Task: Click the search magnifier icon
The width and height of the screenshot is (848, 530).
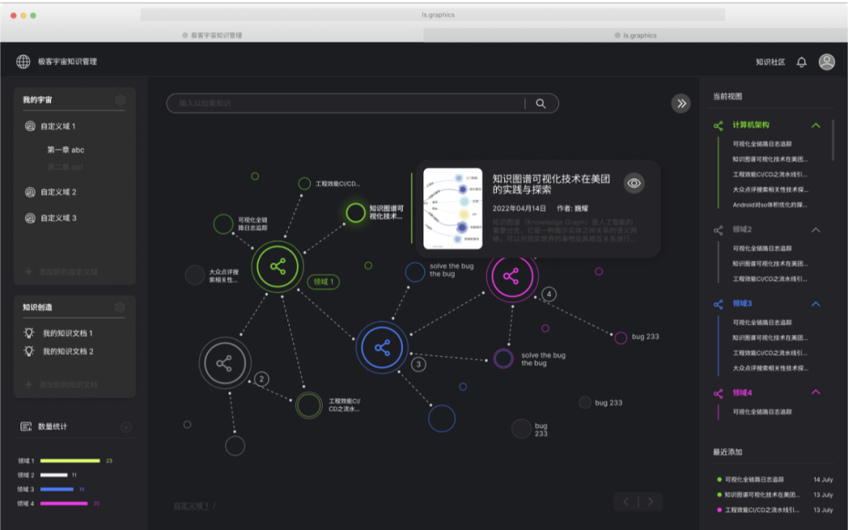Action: (540, 103)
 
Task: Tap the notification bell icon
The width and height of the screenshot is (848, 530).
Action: (802, 62)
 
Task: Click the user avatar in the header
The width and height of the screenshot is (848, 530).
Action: (826, 62)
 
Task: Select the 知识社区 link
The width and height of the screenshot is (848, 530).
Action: (769, 62)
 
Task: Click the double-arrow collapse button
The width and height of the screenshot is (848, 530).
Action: (682, 103)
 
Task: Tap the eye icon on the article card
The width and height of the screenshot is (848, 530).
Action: (634, 183)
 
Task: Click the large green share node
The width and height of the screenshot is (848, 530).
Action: (277, 267)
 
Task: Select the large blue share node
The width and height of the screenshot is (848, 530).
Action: (382, 347)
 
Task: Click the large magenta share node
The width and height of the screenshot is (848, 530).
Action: (511, 276)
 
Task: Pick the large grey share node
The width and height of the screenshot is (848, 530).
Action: (225, 364)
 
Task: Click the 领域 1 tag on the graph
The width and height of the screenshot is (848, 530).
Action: (323, 282)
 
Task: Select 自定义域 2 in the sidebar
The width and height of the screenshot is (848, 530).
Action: (58, 192)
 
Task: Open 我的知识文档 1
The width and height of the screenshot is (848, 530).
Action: (68, 333)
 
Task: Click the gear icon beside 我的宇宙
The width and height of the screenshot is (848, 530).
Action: (120, 100)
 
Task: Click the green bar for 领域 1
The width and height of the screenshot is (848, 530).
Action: (70, 461)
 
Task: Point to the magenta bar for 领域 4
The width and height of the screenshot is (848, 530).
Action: (64, 503)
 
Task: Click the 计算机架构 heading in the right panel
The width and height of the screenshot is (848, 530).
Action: (751, 125)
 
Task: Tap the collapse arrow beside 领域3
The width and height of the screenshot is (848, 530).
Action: (816, 304)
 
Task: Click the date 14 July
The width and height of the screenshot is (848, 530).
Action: (823, 479)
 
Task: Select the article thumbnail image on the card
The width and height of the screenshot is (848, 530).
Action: (452, 208)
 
